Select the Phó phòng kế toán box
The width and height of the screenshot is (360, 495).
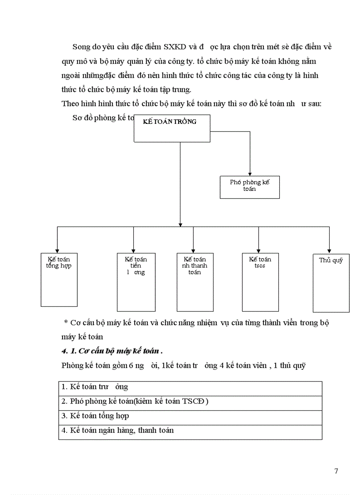pyautogui.click(x=250, y=187)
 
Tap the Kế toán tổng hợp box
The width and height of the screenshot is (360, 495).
pyautogui.click(x=59, y=279)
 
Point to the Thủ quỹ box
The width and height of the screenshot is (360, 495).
pyautogui.click(x=331, y=283)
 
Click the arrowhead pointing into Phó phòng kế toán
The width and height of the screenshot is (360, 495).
pyautogui.click(x=250, y=173)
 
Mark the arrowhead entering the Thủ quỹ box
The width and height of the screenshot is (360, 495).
pyautogui.click(x=329, y=250)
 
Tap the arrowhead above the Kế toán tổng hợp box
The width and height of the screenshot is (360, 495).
pyautogui.click(x=57, y=250)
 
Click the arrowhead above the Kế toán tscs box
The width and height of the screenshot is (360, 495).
pyautogui.click(x=259, y=250)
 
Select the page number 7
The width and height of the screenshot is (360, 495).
pyautogui.click(x=336, y=471)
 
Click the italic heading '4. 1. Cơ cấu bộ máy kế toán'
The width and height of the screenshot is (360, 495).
pyautogui.click(x=112, y=351)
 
